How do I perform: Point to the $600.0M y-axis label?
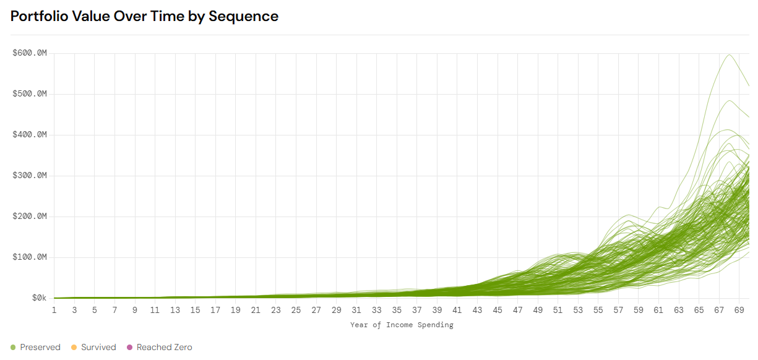click(30, 53)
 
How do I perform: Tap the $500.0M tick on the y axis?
click(30, 94)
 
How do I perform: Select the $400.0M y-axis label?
click(30, 135)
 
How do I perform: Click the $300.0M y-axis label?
click(30, 176)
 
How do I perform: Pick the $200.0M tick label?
click(30, 216)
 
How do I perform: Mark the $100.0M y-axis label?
click(30, 257)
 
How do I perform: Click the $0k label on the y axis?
click(39, 298)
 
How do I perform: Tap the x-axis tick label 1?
click(54, 310)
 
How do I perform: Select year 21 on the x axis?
click(256, 310)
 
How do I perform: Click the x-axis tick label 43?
click(477, 310)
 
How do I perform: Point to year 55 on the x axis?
click(598, 310)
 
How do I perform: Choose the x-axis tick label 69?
click(739, 310)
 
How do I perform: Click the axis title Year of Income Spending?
click(402, 325)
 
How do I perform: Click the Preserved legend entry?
click(40, 348)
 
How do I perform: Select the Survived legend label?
click(98, 348)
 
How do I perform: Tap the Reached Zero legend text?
click(164, 348)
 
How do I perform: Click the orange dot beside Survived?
click(74, 348)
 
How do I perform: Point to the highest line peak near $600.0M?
click(729, 54)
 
